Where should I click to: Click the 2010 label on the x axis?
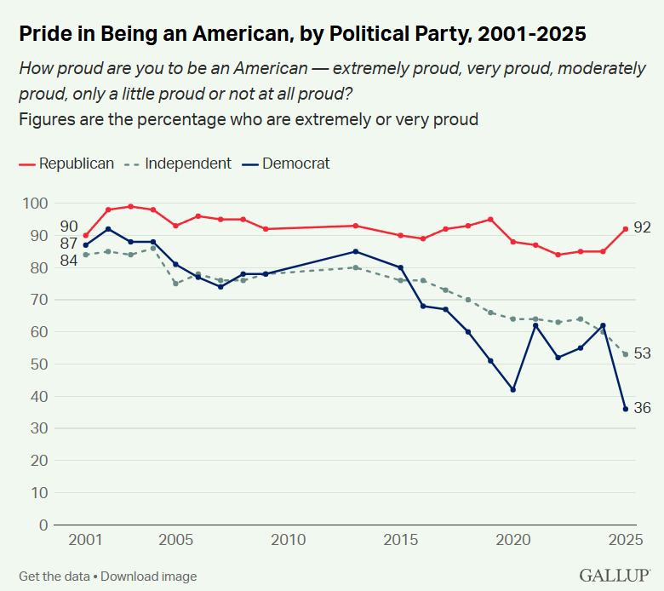(x=289, y=540)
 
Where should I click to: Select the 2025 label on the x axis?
(x=625, y=540)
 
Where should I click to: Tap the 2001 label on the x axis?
(x=85, y=540)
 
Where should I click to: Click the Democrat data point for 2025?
(x=626, y=409)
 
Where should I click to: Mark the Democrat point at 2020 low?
(x=513, y=390)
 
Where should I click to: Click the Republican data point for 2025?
(x=626, y=228)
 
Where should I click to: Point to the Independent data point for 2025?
(x=626, y=354)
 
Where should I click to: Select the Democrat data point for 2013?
(x=356, y=251)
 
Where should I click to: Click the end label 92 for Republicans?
(x=643, y=228)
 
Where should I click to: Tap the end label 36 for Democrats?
(x=643, y=409)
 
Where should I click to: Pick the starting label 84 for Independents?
(x=68, y=260)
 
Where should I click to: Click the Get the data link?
(x=54, y=577)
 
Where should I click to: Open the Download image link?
(x=148, y=577)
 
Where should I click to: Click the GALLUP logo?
(x=615, y=576)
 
